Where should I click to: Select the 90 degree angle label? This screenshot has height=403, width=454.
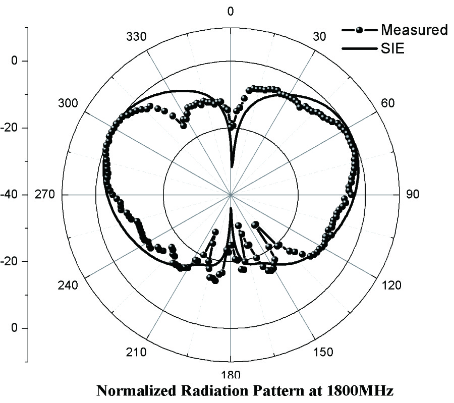point(413,195)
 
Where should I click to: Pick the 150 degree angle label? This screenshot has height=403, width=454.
point(323,352)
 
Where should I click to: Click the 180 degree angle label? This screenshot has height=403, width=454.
point(231,375)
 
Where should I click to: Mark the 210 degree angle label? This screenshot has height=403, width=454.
point(137,352)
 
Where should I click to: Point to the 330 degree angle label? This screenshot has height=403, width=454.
point(136,37)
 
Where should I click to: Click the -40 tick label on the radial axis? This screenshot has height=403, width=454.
point(18,195)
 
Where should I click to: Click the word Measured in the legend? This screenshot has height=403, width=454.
point(414,30)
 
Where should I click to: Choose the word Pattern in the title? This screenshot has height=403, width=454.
point(264,391)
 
